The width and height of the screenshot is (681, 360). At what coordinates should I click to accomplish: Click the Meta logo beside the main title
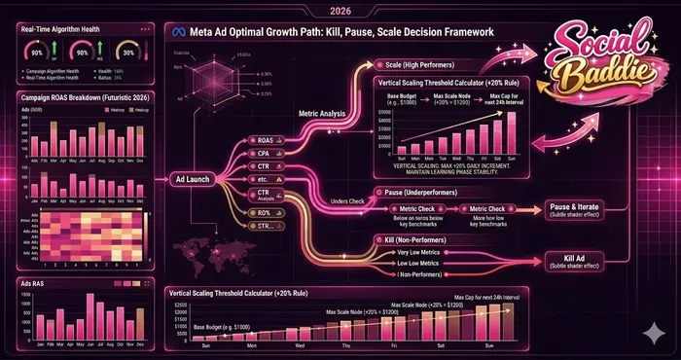(176, 32)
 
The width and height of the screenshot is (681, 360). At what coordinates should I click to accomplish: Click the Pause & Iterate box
(574, 209)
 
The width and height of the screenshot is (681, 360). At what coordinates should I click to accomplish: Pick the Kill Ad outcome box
(574, 260)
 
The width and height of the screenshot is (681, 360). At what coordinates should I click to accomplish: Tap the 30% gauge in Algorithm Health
(125, 52)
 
